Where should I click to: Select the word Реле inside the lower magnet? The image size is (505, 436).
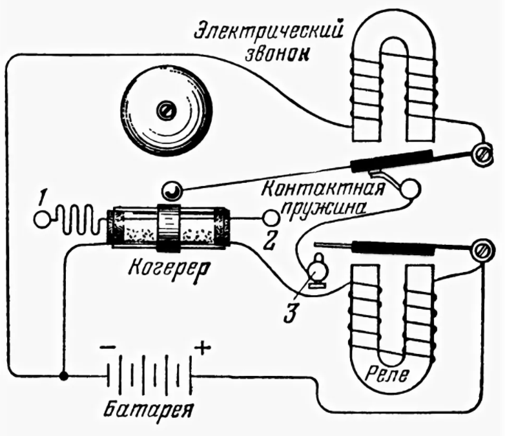point(387,374)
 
